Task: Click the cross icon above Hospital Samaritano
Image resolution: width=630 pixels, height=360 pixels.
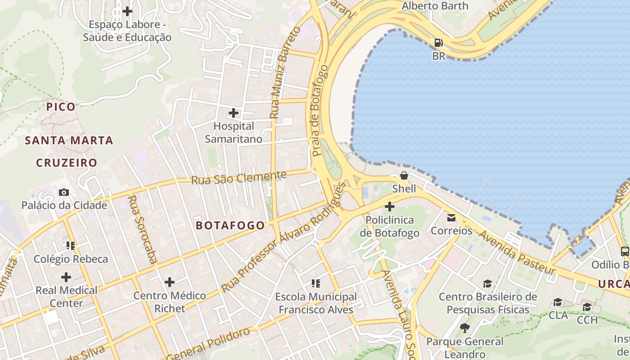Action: coord(234,112)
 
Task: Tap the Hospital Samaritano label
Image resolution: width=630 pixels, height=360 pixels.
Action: coord(234,133)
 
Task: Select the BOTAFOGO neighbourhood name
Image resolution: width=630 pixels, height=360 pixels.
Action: coord(230,225)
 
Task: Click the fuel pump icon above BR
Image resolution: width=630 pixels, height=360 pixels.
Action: coord(439,43)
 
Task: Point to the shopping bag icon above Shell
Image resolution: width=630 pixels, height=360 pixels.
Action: coord(404,175)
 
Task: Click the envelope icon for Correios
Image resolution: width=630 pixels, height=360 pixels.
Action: coord(451,218)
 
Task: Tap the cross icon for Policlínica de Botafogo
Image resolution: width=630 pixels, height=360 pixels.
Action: coord(390,207)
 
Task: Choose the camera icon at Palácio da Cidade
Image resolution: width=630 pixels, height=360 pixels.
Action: coord(64,192)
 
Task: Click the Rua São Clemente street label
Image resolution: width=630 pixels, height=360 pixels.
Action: coord(239,178)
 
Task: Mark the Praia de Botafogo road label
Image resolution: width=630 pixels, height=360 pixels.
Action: coord(319,111)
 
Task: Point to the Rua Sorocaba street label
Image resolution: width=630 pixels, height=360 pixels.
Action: coord(142,229)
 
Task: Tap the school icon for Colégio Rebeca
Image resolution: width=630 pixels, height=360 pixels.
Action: coord(71,246)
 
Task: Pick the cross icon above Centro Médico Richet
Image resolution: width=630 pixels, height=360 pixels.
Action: coord(170,282)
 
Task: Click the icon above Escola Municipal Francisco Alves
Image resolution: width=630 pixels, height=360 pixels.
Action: coord(316,283)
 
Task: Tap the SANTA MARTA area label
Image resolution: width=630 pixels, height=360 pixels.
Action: coord(69,140)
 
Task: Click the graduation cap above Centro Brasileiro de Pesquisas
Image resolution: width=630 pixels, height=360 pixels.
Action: coord(487,283)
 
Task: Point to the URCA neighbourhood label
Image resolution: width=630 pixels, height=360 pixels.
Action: coord(614,284)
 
